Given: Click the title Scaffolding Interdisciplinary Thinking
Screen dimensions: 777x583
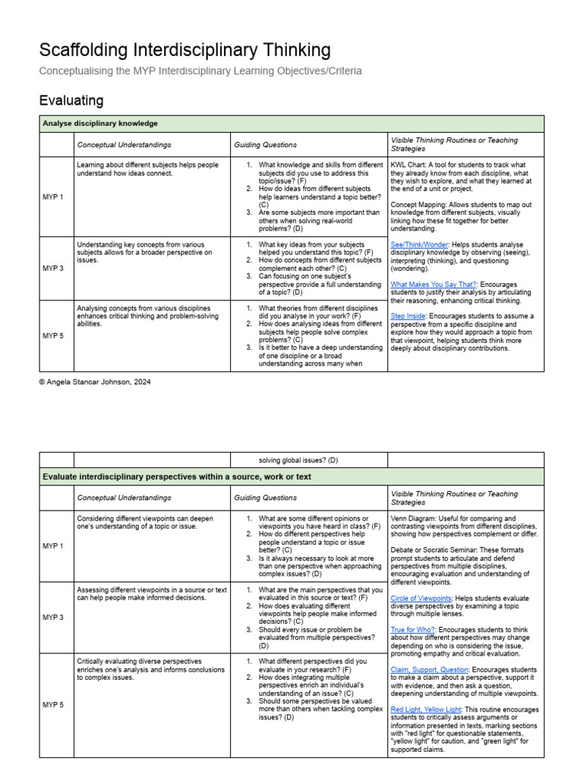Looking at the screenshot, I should pos(184,50).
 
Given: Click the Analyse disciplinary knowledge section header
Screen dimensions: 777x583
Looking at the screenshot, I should pos(100,124).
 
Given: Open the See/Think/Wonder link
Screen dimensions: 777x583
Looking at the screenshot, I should pos(418,244).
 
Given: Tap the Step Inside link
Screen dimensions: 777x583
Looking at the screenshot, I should pos(408,316).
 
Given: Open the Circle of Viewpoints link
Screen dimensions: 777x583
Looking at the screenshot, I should pos(421,598).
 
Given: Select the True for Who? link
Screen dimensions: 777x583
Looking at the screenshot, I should pos(413,630).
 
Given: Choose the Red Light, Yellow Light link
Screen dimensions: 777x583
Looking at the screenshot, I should pos(426,709).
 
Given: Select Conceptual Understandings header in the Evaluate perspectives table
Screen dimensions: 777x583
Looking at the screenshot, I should pos(124,498).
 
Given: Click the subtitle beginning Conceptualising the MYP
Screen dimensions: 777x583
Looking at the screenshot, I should pos(200,71).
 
